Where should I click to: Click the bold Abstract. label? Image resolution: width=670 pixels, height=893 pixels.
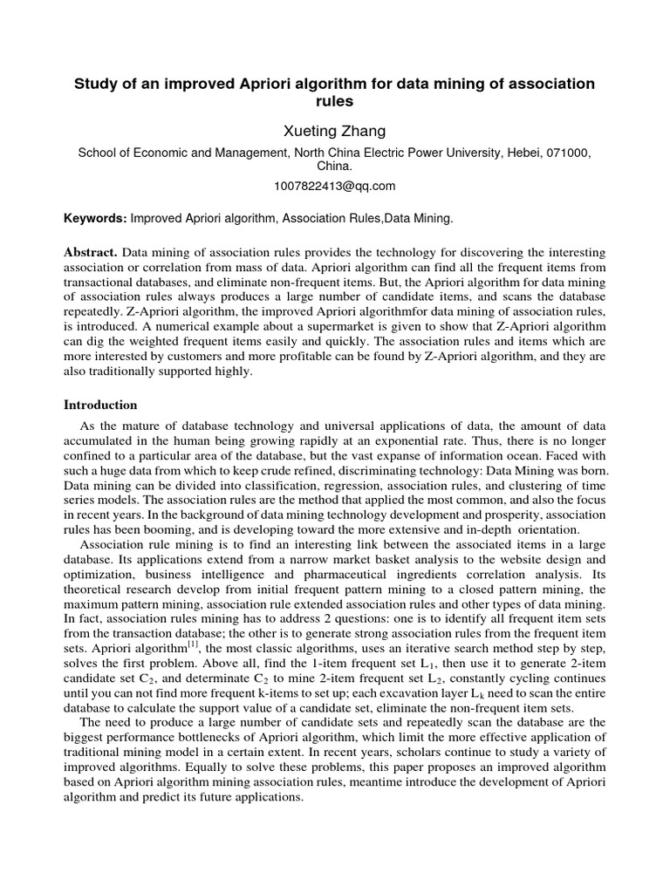click(x=92, y=252)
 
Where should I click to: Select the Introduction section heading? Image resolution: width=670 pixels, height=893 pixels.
click(x=101, y=405)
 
